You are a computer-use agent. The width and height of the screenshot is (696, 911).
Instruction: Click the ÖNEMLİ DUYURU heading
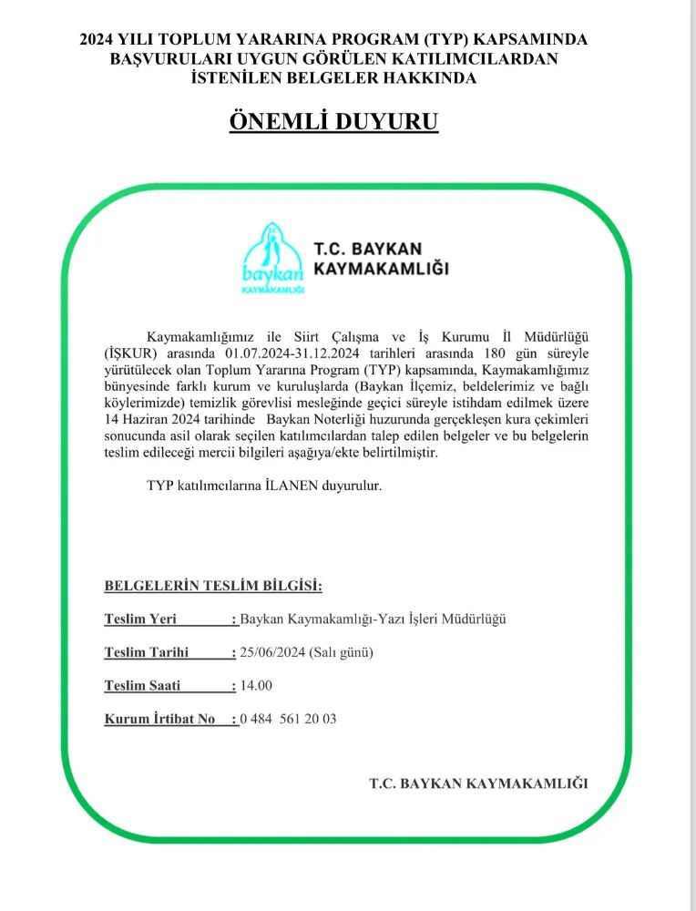click(333, 121)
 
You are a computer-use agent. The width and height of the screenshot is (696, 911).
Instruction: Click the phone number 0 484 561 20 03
click(288, 719)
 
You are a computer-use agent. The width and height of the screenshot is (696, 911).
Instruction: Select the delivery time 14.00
click(256, 685)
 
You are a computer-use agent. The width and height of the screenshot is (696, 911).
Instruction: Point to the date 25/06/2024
click(272, 652)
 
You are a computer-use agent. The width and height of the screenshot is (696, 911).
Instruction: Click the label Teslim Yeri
click(140, 619)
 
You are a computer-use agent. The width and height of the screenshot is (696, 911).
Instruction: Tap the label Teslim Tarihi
click(147, 652)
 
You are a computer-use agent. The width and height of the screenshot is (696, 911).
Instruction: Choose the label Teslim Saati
click(143, 685)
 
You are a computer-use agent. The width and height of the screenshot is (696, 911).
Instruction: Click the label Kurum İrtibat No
click(160, 719)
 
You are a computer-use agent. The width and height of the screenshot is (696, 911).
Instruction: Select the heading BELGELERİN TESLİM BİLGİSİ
click(213, 585)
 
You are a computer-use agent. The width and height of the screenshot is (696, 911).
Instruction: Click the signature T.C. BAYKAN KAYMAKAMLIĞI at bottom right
click(478, 783)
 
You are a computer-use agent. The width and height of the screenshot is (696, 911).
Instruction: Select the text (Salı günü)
click(342, 652)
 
